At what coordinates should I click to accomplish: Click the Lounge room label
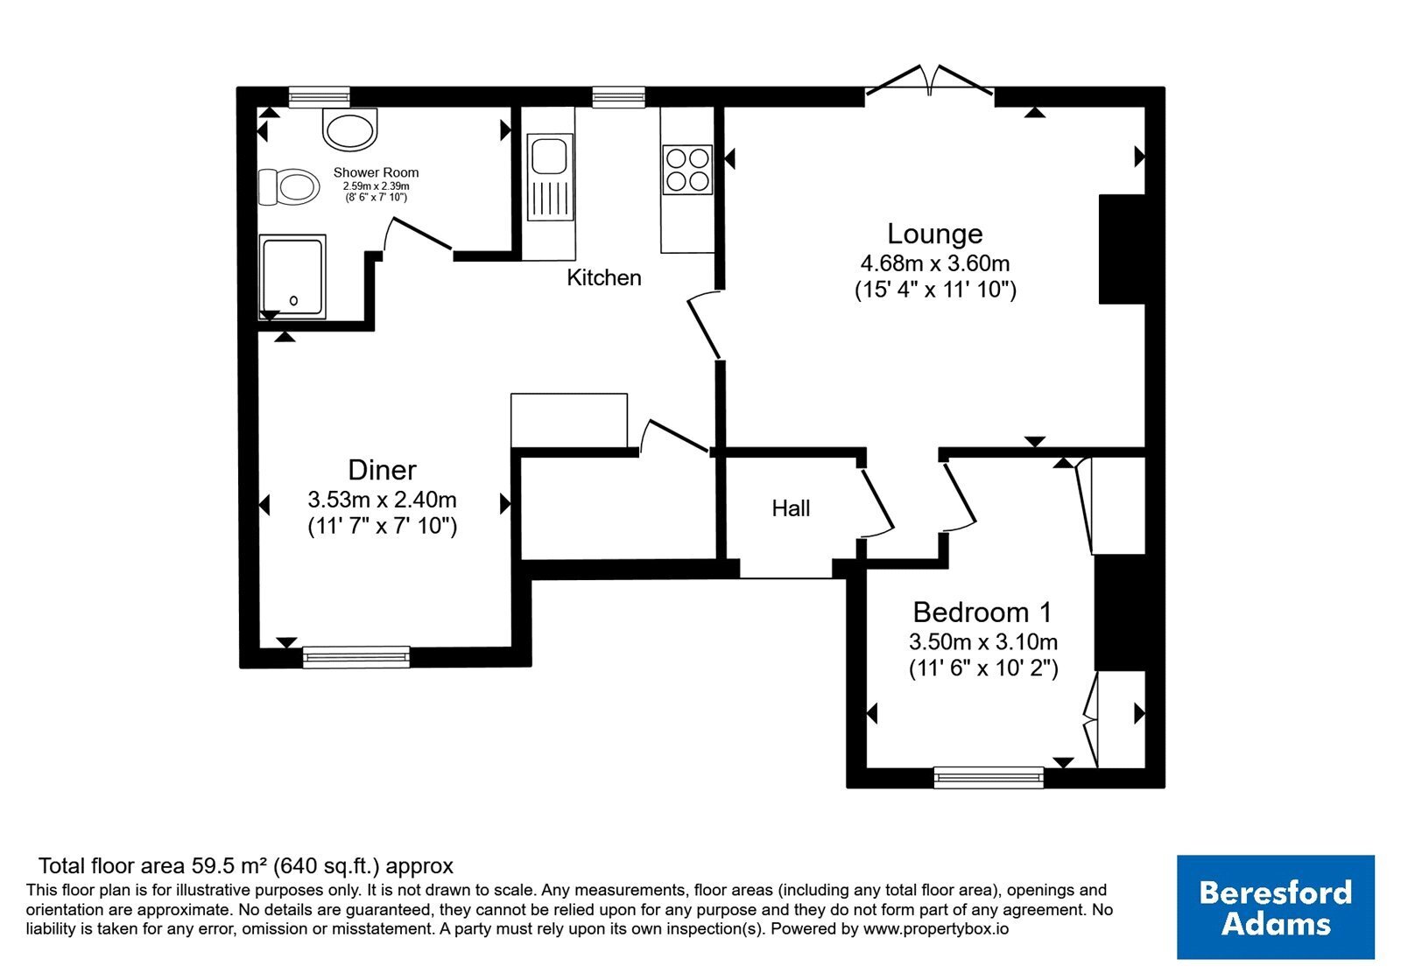pyautogui.click(x=935, y=234)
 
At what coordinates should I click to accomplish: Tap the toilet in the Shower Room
pyautogui.click(x=288, y=187)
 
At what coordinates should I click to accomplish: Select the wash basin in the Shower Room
pyautogui.click(x=350, y=129)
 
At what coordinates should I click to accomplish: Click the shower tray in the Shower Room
pyautogui.click(x=292, y=276)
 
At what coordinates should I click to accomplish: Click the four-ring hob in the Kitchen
pyautogui.click(x=688, y=170)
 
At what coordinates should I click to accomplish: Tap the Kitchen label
pyautogui.click(x=604, y=277)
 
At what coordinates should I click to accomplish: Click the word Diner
pyautogui.click(x=382, y=470)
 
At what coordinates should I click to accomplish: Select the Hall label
pyautogui.click(x=791, y=508)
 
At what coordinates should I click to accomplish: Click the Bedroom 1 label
pyautogui.click(x=982, y=612)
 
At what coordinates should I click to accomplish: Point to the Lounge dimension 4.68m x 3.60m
pyautogui.click(x=935, y=263)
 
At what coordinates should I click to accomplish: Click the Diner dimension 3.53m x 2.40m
pyautogui.click(x=382, y=500)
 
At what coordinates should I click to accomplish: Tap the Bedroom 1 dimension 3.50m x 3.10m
pyautogui.click(x=983, y=641)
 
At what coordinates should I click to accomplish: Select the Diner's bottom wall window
pyautogui.click(x=356, y=657)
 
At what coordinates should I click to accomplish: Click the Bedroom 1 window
pyautogui.click(x=989, y=778)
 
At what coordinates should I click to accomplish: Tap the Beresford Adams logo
pyautogui.click(x=1276, y=906)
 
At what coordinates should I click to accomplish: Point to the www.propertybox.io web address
pyautogui.click(x=936, y=928)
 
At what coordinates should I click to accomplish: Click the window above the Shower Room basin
pyautogui.click(x=319, y=97)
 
